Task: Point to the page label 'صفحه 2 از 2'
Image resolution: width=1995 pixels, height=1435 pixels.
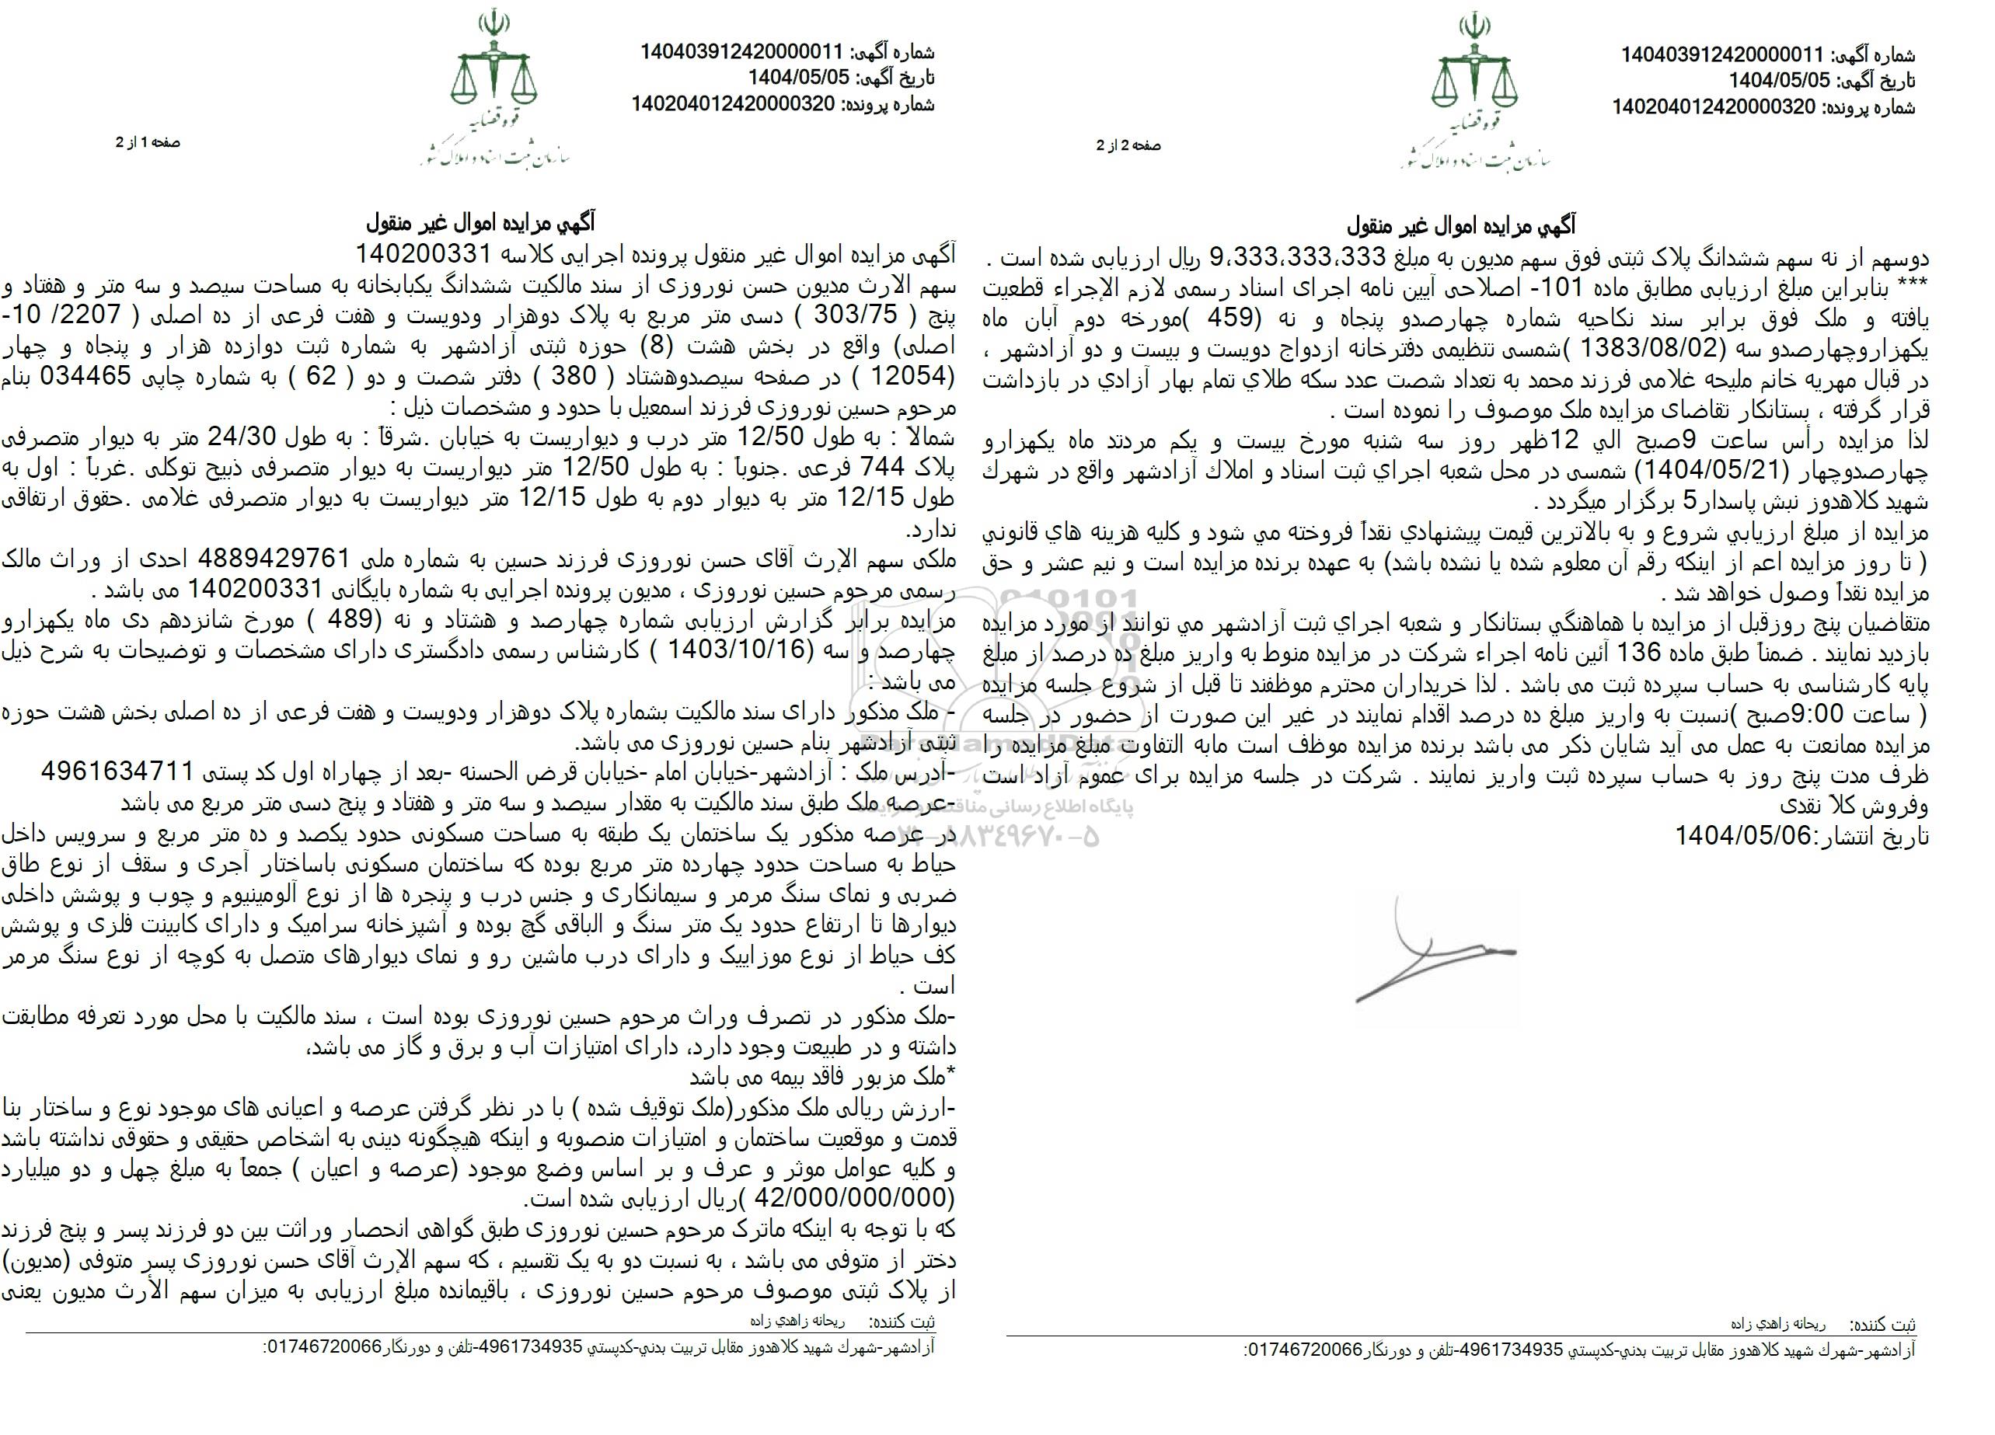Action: [x=1128, y=146]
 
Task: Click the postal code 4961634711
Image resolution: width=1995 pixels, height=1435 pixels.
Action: [x=117, y=772]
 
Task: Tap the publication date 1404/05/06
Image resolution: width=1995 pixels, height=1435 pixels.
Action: [x=1734, y=834]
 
